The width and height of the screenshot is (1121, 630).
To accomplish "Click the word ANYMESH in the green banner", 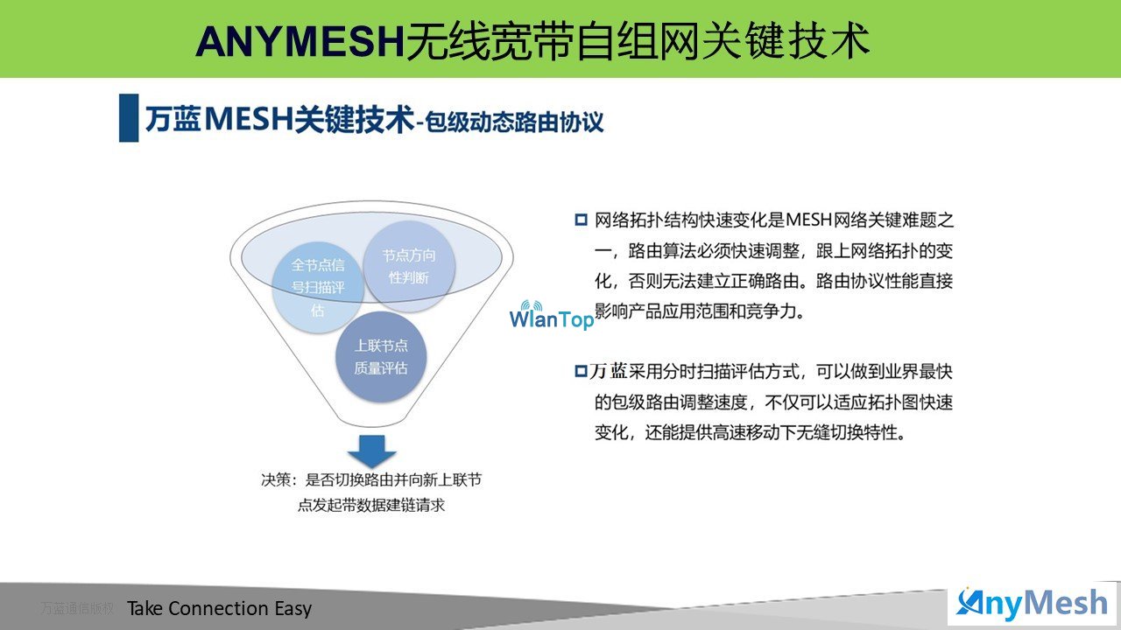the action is (x=300, y=41).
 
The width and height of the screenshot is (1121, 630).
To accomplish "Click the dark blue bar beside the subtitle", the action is (x=129, y=118).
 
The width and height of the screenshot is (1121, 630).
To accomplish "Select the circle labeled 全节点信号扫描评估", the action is (x=318, y=288).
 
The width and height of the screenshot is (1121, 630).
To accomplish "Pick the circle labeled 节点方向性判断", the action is (x=409, y=266).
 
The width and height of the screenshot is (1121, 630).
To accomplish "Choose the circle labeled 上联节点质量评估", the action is (x=381, y=357).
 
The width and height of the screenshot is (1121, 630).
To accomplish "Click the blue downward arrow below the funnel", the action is (x=372, y=451).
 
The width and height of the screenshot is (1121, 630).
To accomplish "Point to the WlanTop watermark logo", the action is (x=552, y=316).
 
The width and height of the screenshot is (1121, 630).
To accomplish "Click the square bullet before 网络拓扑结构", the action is (x=581, y=220).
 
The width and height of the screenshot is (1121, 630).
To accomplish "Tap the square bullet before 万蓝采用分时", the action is (x=581, y=372).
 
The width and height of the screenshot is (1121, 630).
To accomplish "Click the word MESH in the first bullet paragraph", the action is (x=808, y=220).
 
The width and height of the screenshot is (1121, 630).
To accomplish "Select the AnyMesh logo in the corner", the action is (x=1032, y=604).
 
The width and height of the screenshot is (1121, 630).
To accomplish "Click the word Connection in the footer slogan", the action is (x=219, y=608).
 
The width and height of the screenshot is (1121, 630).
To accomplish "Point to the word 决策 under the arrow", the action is (x=276, y=480).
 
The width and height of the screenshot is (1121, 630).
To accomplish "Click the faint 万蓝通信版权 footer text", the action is (x=78, y=608).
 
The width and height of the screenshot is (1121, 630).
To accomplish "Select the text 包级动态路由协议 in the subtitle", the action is (x=514, y=122).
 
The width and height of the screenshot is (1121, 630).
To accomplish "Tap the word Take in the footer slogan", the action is (x=145, y=608).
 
